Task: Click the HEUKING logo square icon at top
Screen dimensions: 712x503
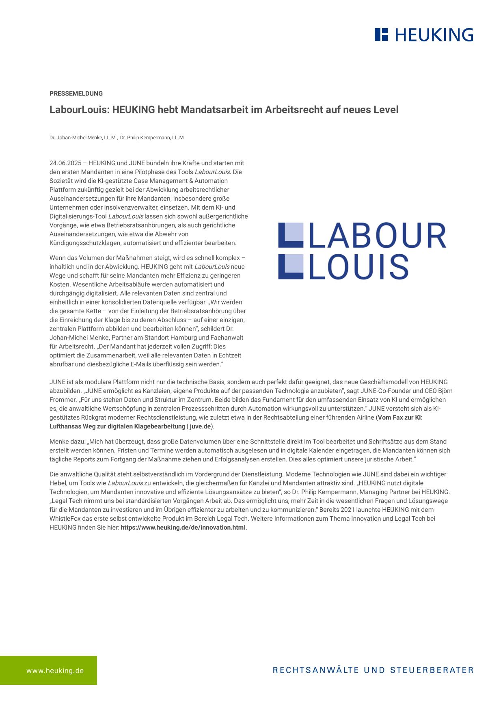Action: (x=381, y=35)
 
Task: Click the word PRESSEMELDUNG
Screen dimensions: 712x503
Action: (x=76, y=93)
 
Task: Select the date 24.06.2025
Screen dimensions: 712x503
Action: (x=65, y=163)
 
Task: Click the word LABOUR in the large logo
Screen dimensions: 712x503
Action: (x=377, y=236)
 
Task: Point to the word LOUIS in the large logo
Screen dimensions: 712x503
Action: (x=358, y=267)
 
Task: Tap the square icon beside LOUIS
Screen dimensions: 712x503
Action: (x=290, y=267)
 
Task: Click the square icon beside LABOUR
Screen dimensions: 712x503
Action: (x=290, y=235)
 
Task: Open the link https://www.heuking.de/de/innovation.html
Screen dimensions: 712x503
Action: (x=183, y=528)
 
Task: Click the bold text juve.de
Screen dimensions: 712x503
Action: (x=200, y=426)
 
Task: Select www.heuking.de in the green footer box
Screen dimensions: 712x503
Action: (x=55, y=671)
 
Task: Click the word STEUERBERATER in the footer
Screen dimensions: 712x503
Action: (x=432, y=670)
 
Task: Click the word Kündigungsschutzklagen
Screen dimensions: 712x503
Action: (x=85, y=243)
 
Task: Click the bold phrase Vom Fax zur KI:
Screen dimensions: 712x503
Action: (x=400, y=418)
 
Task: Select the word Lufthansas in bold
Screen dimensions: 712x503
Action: (x=65, y=426)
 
